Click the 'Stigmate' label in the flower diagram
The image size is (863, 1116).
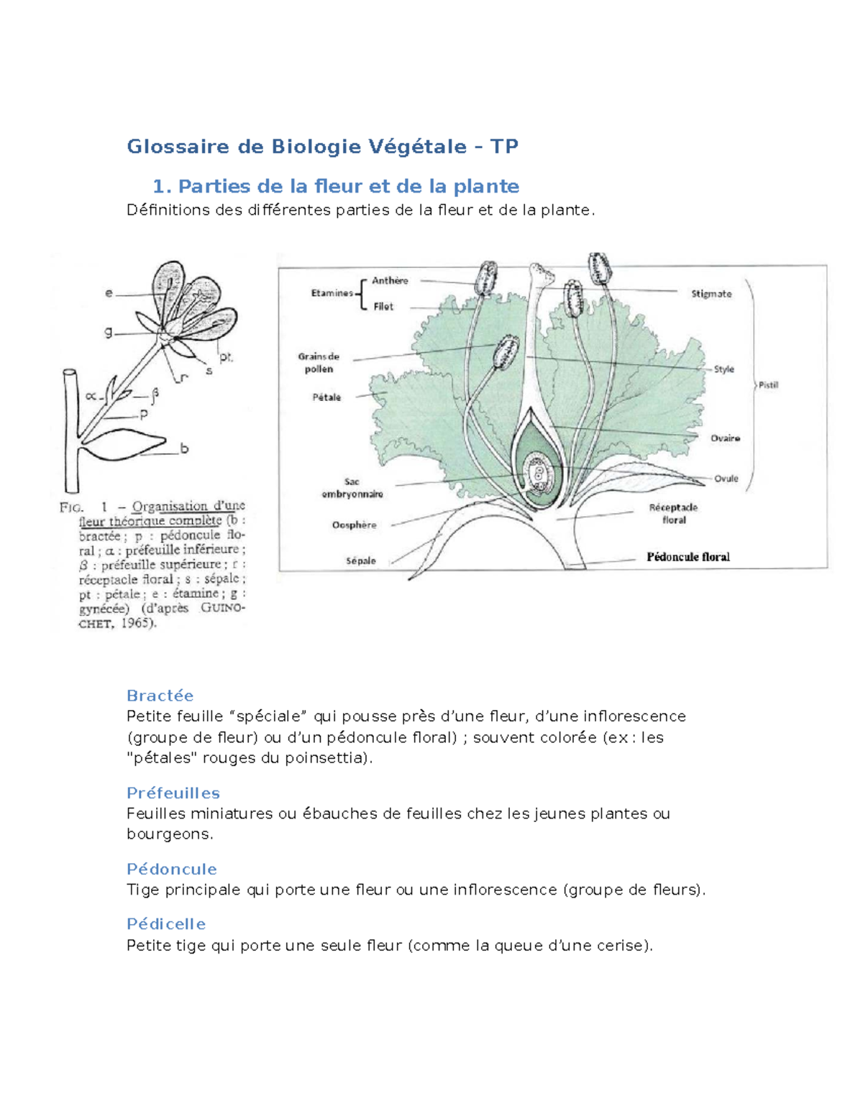711,294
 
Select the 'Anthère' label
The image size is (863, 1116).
390,281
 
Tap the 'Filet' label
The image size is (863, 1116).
383,307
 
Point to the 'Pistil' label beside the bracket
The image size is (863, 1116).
768,385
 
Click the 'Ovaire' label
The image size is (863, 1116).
725,438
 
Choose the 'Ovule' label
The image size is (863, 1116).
726,479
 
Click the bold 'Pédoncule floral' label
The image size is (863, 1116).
688,557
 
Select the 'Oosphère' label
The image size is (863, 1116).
354,525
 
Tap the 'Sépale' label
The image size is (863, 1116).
360,561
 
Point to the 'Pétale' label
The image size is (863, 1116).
327,397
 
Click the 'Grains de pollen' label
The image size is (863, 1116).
319,363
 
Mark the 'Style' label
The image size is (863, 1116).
723,369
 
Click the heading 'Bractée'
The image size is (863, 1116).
160,696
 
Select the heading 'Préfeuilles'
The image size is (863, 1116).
173,793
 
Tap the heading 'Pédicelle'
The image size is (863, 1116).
165,924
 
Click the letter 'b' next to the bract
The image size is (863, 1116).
184,448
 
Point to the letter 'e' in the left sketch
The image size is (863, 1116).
109,293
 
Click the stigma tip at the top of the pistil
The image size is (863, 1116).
540,272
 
